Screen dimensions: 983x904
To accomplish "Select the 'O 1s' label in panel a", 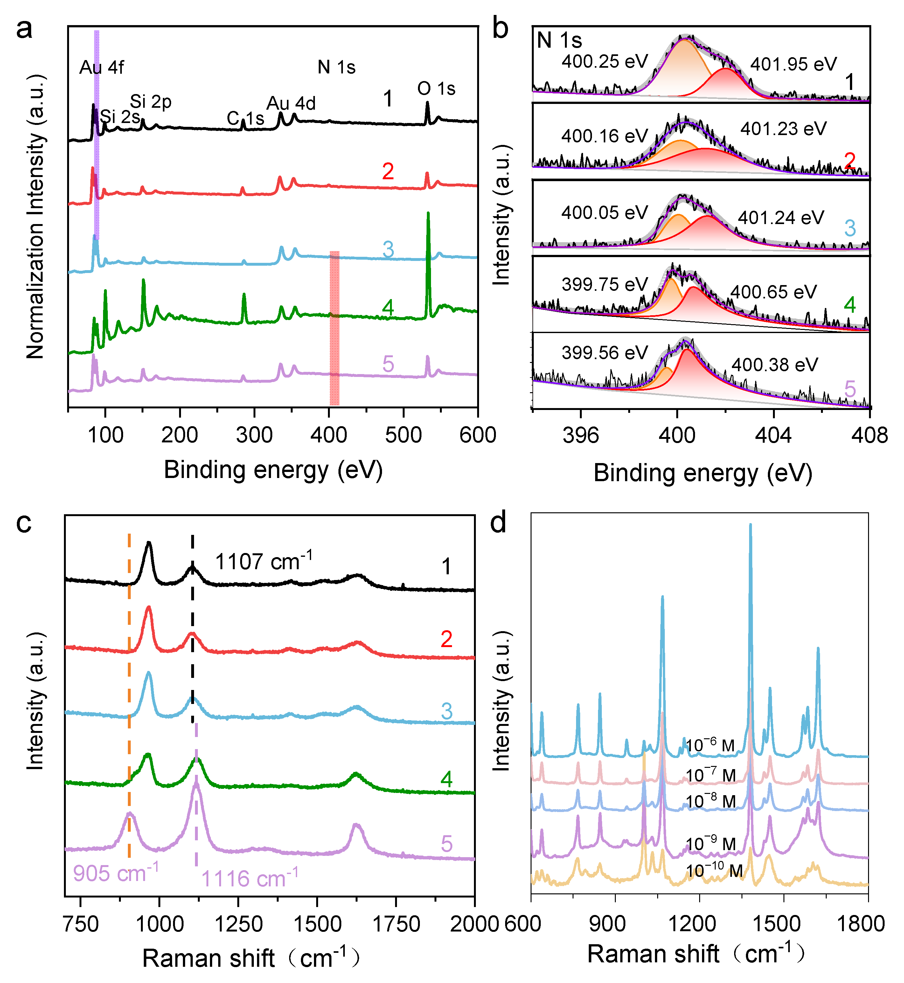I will (436, 89).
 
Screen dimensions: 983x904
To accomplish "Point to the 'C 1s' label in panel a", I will (245, 118).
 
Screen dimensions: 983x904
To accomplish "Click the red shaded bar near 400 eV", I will (334, 327).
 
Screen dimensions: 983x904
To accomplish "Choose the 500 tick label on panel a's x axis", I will (403, 435).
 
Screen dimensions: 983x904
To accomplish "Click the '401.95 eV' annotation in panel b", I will (793, 64).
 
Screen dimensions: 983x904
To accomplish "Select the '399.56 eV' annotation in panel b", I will (605, 352).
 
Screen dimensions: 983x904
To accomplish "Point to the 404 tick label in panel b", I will (773, 435).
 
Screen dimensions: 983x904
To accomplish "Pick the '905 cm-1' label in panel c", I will (116, 872).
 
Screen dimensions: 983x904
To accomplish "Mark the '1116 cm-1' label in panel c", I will (249, 878).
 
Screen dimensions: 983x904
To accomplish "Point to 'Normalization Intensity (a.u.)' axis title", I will (35, 217).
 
